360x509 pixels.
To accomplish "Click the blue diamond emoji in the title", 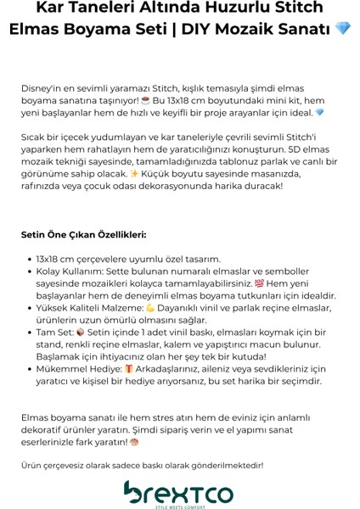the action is (x=343, y=29).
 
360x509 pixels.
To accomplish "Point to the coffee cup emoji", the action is (x=146, y=100).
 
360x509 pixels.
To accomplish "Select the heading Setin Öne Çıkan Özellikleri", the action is (x=84, y=234).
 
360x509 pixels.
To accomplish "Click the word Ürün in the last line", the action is (x=32, y=465).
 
